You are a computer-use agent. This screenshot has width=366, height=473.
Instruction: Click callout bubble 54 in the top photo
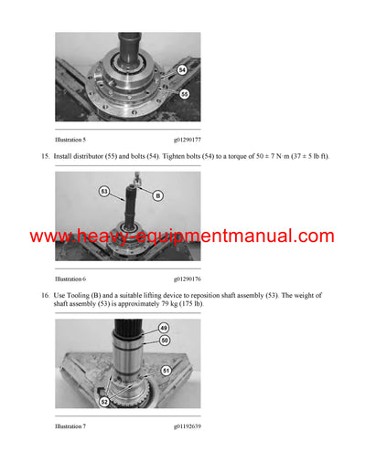click(181, 69)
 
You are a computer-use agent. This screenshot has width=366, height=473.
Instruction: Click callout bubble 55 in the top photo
click(183, 93)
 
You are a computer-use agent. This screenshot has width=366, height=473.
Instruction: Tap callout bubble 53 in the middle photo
click(105, 192)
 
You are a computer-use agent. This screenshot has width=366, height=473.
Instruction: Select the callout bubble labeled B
click(156, 195)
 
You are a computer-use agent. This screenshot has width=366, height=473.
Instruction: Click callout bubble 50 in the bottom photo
click(165, 340)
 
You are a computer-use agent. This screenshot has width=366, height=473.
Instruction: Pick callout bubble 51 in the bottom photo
click(166, 370)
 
